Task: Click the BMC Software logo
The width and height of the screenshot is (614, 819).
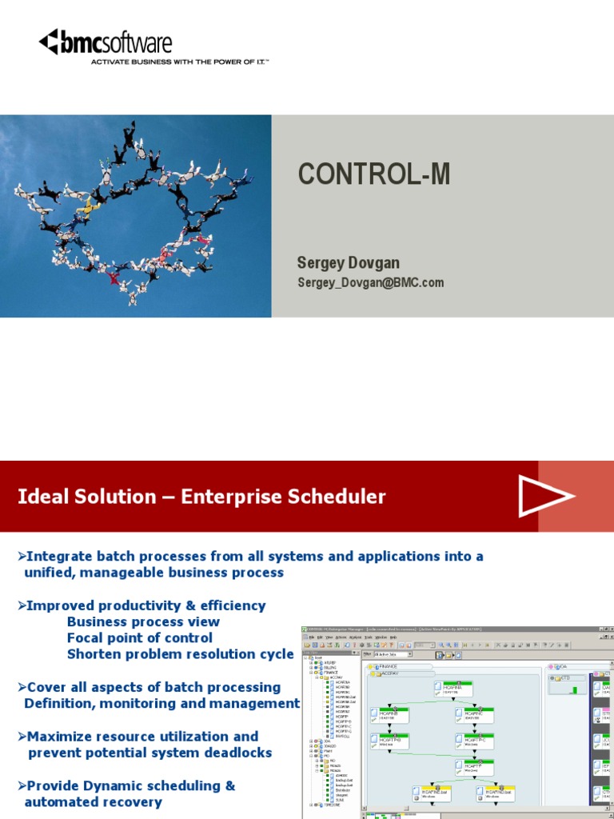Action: pos(106,42)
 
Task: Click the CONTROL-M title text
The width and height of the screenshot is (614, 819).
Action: pos(373,174)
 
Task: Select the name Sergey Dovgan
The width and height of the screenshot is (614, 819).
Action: pos(348,262)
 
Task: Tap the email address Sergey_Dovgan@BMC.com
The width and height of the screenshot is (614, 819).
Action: pos(370,282)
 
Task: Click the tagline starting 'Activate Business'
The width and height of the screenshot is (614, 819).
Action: pos(179,61)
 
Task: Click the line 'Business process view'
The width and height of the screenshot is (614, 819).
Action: pos(143,621)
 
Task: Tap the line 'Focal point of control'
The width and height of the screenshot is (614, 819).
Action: pos(140,637)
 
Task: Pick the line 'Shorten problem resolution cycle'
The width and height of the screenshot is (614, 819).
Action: pos(180,654)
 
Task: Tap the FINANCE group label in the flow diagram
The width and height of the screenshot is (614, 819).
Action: pos(388,666)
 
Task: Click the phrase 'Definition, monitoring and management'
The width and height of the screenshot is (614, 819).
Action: pos(161,704)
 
